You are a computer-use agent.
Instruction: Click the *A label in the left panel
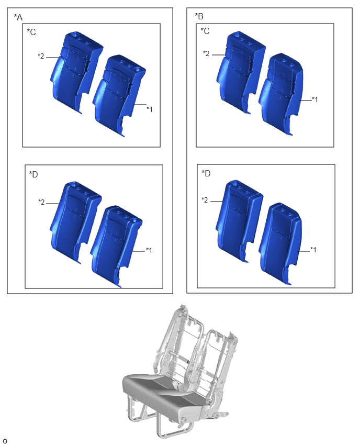click(x=18, y=17)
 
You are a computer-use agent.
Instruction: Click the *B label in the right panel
click(x=199, y=16)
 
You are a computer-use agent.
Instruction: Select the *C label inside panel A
click(x=31, y=32)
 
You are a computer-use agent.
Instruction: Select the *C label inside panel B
click(x=205, y=31)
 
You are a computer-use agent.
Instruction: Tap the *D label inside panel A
click(x=33, y=174)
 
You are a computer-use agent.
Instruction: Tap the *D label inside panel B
click(x=206, y=173)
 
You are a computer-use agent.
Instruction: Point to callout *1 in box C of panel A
click(x=150, y=109)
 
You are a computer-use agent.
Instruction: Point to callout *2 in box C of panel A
click(x=41, y=56)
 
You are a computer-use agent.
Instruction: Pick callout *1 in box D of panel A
click(x=149, y=250)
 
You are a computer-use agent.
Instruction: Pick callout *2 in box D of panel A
click(x=41, y=202)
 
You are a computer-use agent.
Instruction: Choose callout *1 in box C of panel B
click(x=315, y=99)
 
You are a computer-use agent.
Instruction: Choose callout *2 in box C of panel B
click(x=206, y=53)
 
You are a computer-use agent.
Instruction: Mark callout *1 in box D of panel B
click(x=313, y=250)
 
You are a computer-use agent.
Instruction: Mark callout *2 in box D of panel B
click(x=205, y=200)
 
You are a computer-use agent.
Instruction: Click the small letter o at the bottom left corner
click(x=5, y=441)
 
